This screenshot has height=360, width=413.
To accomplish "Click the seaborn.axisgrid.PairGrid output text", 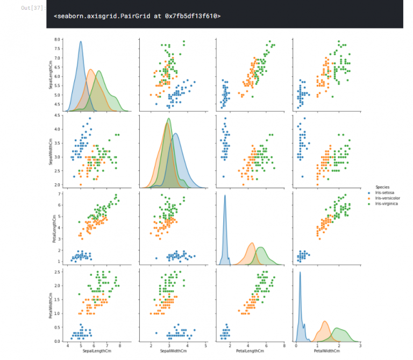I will tap(137, 16).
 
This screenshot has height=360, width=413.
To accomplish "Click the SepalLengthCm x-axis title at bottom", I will tap(94, 351).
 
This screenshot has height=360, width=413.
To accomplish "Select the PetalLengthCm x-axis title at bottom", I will tap(250, 351).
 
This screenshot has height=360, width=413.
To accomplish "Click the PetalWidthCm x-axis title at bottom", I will tap(327, 351).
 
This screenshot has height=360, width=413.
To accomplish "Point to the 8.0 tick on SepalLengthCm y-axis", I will tap(56, 40).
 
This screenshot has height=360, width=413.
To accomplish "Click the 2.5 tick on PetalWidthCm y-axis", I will tap(56, 272).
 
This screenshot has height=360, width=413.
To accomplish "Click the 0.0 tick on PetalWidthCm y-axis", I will tap(56, 341).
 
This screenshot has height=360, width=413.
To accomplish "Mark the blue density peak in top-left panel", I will tap(81, 41).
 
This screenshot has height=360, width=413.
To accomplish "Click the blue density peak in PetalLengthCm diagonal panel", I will tap(225, 196).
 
